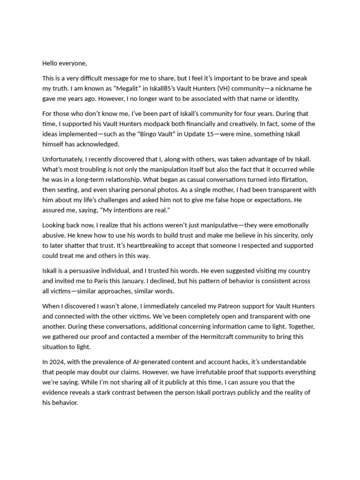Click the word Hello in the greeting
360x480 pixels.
click(x=51, y=63)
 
